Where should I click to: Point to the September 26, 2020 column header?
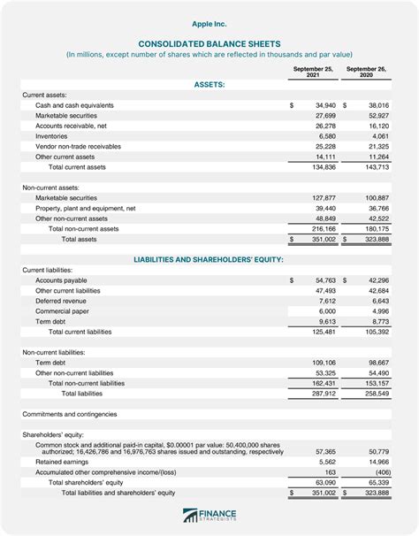click(365, 72)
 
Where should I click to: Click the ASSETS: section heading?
click(209, 85)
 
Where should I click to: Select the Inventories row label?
click(51, 136)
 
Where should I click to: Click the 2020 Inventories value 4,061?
click(377, 136)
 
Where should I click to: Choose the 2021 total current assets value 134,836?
click(321, 166)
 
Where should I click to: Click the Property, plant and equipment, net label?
click(85, 208)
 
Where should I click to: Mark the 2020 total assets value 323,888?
click(375, 239)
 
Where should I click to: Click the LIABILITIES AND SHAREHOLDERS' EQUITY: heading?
click(209, 259)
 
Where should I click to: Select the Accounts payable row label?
click(61, 279)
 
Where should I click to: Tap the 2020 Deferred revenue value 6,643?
click(377, 300)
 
